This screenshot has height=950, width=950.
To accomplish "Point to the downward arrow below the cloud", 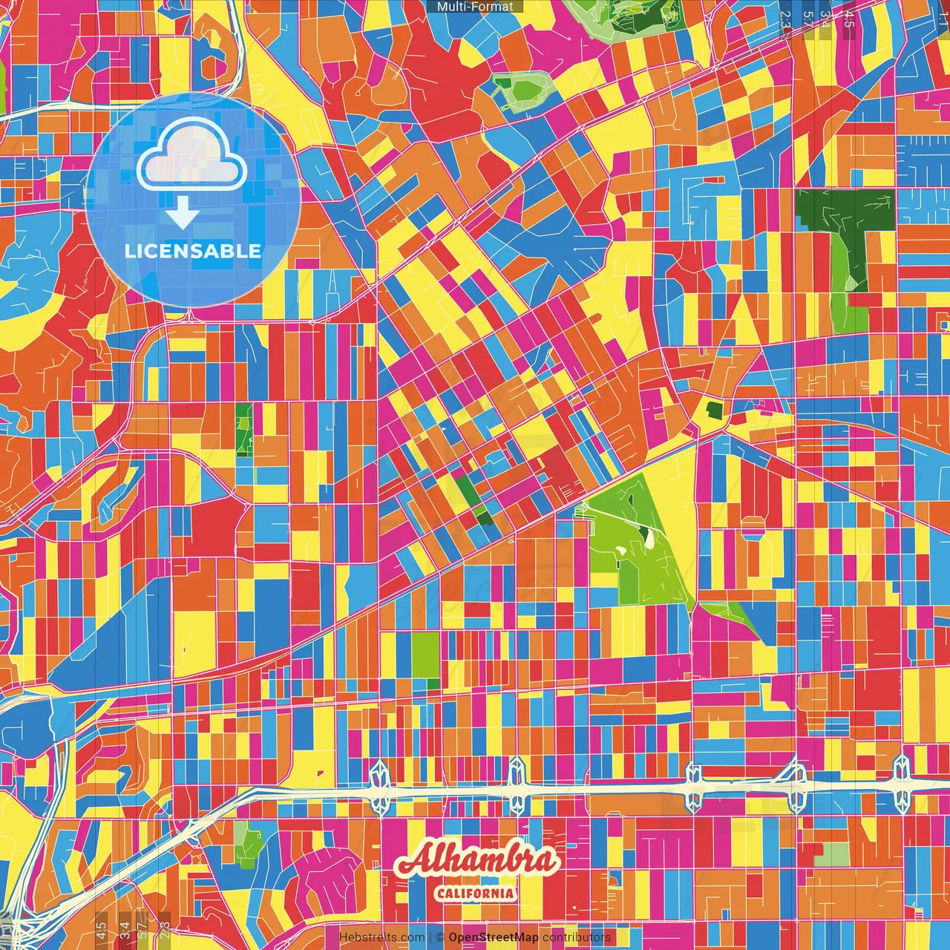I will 183,213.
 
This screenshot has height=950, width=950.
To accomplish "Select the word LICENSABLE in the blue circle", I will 193,251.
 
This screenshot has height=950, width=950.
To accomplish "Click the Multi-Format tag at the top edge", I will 475,7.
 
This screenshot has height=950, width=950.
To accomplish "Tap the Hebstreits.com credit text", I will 381,937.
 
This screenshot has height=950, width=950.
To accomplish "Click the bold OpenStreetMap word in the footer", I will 493,937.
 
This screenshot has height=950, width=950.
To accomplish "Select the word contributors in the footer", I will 576,937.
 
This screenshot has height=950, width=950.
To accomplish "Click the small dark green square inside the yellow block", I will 714,409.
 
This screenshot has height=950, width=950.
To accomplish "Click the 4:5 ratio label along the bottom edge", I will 101,928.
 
